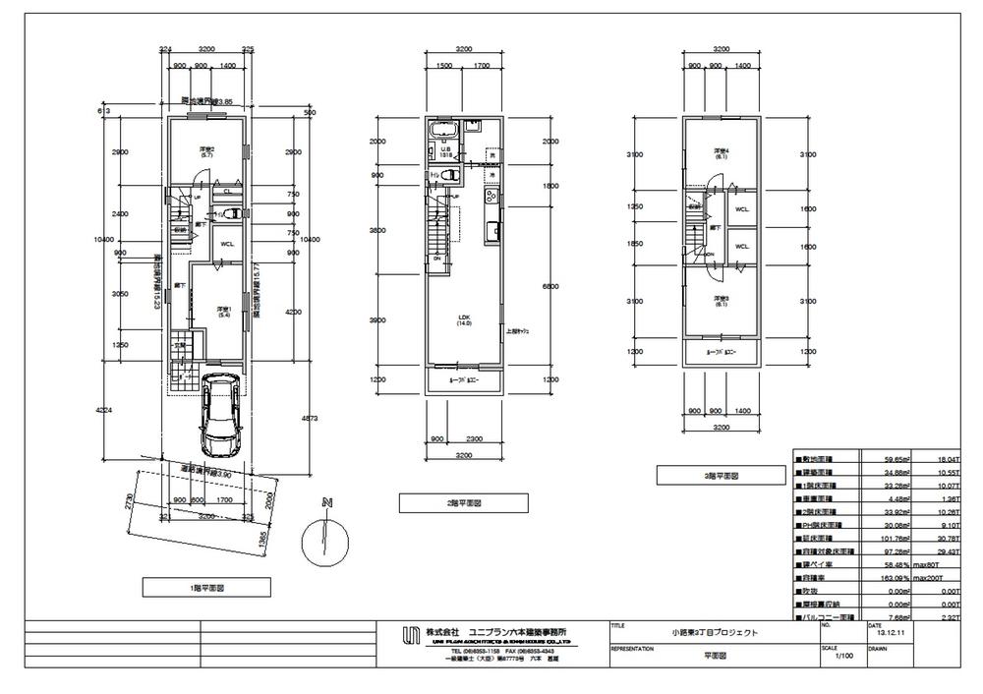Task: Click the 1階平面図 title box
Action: pos(206,587)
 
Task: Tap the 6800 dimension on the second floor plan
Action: pos(523,286)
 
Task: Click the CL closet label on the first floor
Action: pos(228,191)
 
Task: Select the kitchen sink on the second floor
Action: pos(491,232)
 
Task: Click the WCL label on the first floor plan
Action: pos(226,245)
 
